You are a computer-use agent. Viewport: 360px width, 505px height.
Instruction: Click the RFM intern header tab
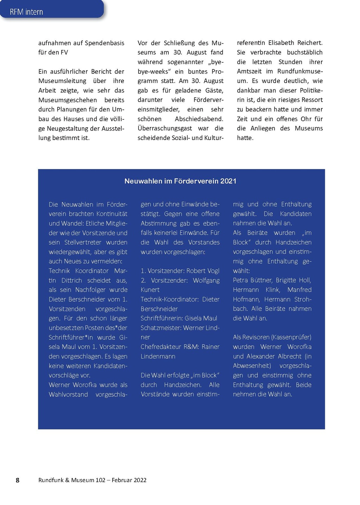click(26, 12)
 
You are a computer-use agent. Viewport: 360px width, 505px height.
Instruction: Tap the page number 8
click(18, 480)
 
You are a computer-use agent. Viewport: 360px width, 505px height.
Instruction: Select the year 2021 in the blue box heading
click(228, 181)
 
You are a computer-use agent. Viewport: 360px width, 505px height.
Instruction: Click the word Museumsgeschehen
click(67, 100)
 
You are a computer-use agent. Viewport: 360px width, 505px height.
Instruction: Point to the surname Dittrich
click(72, 280)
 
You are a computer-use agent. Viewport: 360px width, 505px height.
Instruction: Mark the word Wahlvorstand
click(68, 394)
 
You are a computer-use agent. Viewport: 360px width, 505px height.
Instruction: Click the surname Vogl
click(212, 271)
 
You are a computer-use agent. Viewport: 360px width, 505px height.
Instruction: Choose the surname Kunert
click(150, 290)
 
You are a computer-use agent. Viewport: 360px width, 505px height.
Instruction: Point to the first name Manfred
click(299, 290)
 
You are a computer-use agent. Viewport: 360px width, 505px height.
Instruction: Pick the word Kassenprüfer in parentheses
click(291, 337)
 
